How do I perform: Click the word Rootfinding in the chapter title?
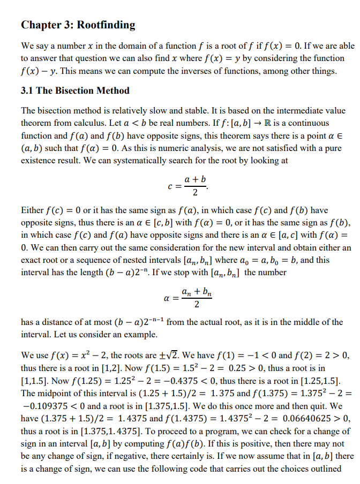[x=106, y=25]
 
